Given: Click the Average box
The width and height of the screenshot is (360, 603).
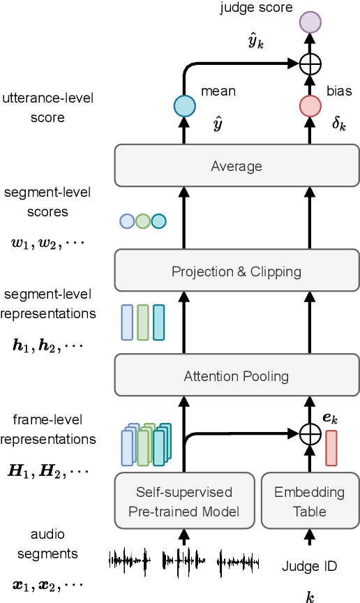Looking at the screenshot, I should [237, 166].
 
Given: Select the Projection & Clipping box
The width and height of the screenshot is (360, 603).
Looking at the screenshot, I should [237, 271].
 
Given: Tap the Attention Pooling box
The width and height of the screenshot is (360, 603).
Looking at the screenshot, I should [237, 375].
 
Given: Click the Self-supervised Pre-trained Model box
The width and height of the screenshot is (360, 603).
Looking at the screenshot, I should [184, 501].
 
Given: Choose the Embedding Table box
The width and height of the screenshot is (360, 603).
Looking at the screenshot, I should [309, 501].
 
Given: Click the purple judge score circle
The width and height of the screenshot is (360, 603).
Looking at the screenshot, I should [310, 22].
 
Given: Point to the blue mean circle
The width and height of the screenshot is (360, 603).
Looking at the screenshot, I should [184, 106].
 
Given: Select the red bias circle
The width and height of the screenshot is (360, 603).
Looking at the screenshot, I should [310, 106].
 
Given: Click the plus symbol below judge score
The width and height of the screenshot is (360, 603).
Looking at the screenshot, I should [310, 64].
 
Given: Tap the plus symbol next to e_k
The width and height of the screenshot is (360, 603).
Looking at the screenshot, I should [310, 434].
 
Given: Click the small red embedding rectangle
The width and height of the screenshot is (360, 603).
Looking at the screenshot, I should [331, 447].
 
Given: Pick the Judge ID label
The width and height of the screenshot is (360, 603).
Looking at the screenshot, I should [310, 566].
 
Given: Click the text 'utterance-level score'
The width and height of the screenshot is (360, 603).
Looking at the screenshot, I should [47, 108].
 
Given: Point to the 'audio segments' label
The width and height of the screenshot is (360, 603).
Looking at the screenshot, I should [47, 544].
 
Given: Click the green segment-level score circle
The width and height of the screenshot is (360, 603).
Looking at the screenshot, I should [143, 221].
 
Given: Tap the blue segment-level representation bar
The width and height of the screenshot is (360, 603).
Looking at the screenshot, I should [127, 322].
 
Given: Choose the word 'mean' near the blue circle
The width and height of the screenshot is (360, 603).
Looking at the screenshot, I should [218, 91].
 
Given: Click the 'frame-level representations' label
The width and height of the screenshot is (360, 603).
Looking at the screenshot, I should [47, 429].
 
